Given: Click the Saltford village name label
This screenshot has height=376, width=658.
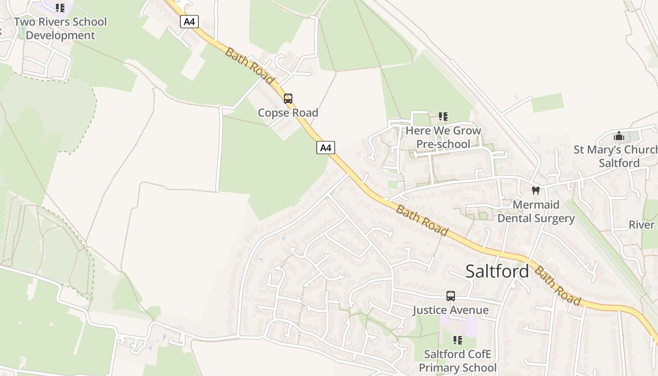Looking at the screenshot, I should coord(497,271).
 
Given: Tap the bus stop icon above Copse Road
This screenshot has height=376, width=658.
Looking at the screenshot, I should coord(288,99).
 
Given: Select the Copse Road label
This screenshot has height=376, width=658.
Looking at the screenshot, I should coord(288,113).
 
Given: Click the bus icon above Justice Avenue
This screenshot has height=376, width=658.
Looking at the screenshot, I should coord(451,296).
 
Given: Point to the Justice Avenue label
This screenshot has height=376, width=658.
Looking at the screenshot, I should coord(451,310).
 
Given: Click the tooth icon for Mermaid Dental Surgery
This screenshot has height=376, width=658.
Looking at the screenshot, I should coord(535,190).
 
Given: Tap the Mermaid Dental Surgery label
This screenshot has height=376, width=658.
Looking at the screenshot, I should coord(536,211).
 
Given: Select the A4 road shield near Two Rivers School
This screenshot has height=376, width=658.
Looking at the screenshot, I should coord(189,22).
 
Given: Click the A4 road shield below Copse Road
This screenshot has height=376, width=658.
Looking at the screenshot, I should coord(325,148).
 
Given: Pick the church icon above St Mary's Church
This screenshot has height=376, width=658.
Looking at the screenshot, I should coord(619,136).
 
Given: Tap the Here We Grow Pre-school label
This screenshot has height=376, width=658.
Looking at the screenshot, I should coord(443,137).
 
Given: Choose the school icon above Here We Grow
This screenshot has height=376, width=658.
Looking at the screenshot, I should coord(443,116).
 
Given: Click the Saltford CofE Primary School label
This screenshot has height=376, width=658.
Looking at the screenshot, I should coord(457,360).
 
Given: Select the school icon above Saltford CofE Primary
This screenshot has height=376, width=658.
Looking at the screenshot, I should coord(457,340).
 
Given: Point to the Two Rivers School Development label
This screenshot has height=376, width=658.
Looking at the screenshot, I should coord(60,29).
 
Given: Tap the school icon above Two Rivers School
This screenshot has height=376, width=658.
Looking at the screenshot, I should coord(60,8).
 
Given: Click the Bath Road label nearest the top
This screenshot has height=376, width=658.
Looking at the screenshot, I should coord(249,66).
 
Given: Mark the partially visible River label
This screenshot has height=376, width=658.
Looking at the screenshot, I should coord(642,225).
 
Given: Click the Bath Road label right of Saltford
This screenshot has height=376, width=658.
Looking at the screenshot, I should coord(558,286).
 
